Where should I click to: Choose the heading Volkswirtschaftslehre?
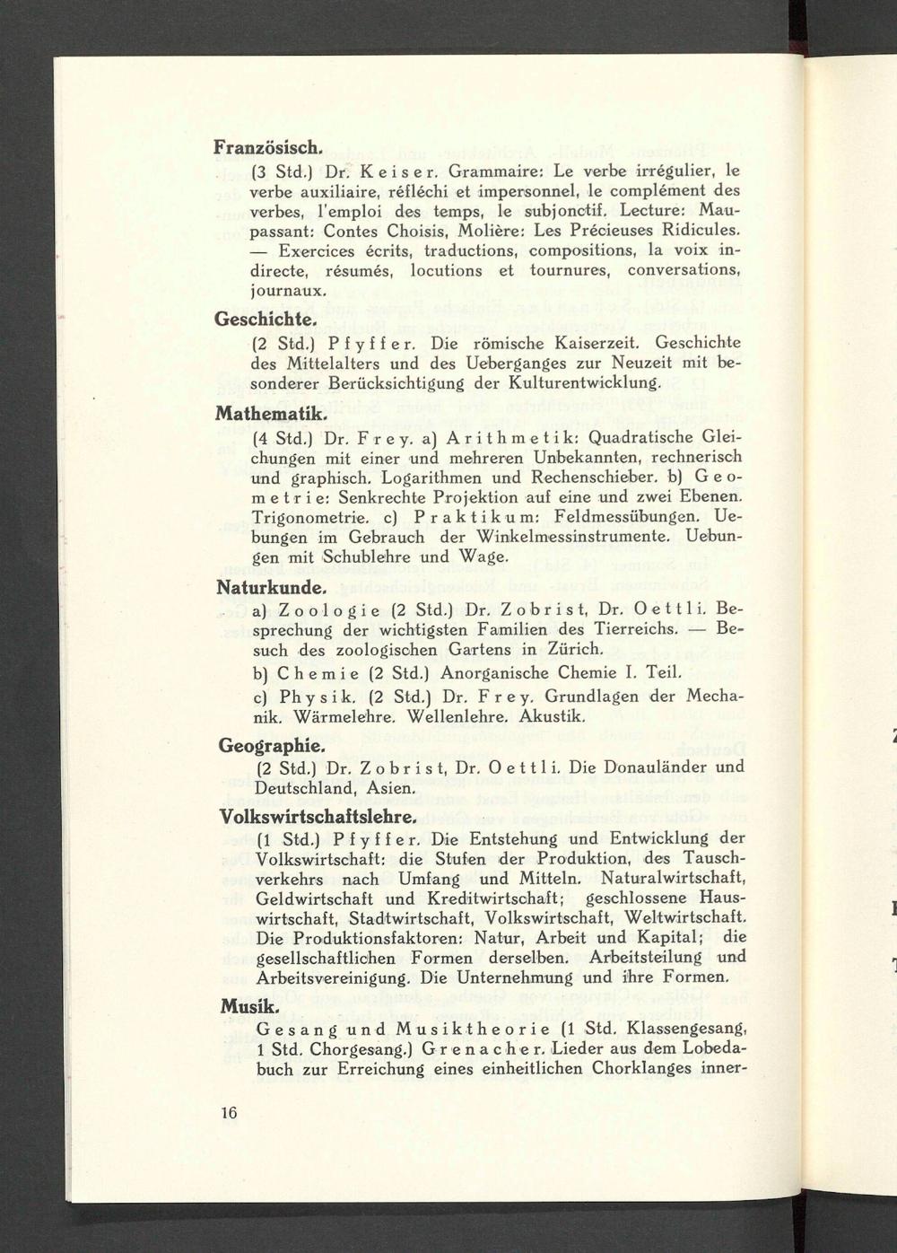click(x=318, y=818)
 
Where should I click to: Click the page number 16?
click(x=228, y=1114)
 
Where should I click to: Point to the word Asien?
click(x=391, y=789)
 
